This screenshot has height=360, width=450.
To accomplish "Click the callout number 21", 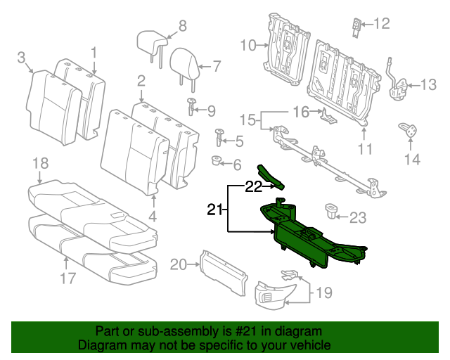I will tap(215, 209).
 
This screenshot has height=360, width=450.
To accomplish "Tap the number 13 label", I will tap(428, 86).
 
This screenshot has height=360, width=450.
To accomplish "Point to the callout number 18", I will tap(40, 164).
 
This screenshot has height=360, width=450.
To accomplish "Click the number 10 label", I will tap(248, 46).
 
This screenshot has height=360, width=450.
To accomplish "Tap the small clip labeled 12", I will tap(356, 26).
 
